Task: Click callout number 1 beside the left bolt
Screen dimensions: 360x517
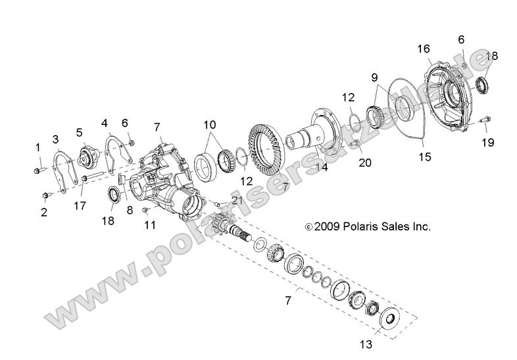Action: pyautogui.click(x=37, y=146)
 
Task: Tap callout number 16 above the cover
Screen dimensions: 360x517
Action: pyautogui.click(x=424, y=49)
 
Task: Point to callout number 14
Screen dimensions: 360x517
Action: pyautogui.click(x=322, y=168)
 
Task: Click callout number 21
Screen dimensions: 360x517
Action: pyautogui.click(x=237, y=200)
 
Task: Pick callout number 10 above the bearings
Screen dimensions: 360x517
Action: pyautogui.click(x=210, y=124)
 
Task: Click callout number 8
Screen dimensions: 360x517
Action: pyautogui.click(x=130, y=210)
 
